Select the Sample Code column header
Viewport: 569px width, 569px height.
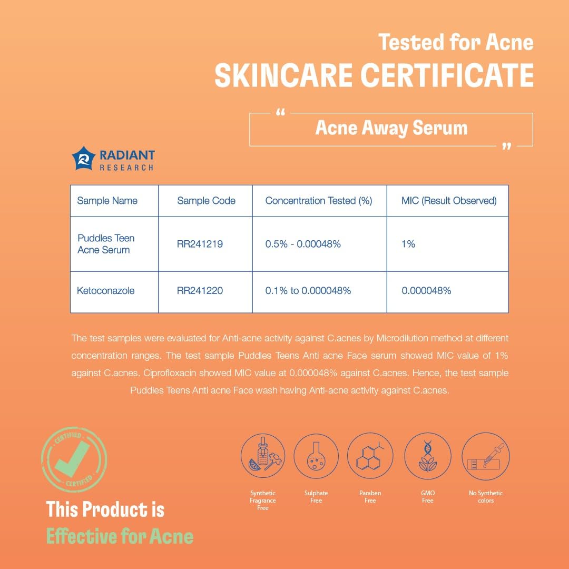point(206,201)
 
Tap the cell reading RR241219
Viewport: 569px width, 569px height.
point(200,244)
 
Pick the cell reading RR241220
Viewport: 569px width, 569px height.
point(200,290)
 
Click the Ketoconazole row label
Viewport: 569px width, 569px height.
point(105,290)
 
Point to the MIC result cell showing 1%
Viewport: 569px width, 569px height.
point(408,244)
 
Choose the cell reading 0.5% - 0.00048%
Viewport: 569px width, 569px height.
point(303,244)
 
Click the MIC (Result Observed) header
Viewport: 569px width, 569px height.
point(449,201)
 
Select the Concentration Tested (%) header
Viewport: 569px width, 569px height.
point(319,201)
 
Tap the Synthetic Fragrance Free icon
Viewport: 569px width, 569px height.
point(263,455)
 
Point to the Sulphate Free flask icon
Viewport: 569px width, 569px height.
point(316,455)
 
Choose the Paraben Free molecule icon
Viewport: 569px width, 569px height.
point(370,455)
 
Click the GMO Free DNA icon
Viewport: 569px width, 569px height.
point(427,455)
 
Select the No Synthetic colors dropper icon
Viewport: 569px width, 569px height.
point(485,455)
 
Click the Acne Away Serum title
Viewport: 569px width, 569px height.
point(391,128)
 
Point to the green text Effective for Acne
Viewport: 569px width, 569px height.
point(120,536)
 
